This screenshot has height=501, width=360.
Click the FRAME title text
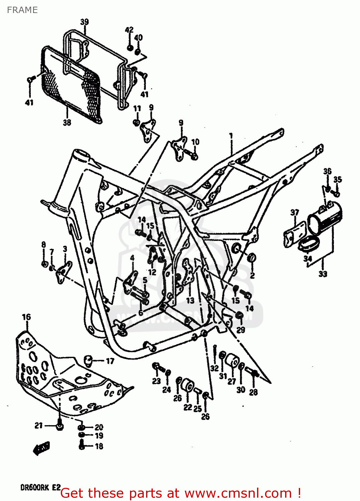[x=22, y=10]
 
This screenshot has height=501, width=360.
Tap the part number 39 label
[x=84, y=22]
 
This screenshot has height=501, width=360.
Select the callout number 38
[x=67, y=123]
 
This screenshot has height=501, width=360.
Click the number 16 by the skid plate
[x=26, y=317]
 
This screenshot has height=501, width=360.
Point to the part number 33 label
[x=323, y=274]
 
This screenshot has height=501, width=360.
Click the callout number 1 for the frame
[x=231, y=136]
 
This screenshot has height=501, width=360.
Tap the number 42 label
[x=129, y=30]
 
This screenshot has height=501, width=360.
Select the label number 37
[x=294, y=212]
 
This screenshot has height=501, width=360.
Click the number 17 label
[x=110, y=361]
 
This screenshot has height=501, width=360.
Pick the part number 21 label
[x=39, y=425]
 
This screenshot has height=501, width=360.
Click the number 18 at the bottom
[x=99, y=446]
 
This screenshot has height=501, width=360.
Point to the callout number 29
[x=241, y=330]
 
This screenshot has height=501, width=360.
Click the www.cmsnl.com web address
[x=238, y=493]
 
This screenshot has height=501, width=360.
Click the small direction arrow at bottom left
[x=41, y=448]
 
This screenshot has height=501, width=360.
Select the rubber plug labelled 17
[x=88, y=360]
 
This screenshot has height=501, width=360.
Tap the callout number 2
[x=252, y=276]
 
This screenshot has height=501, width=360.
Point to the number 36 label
[x=327, y=171]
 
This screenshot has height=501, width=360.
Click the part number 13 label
[x=190, y=300]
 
